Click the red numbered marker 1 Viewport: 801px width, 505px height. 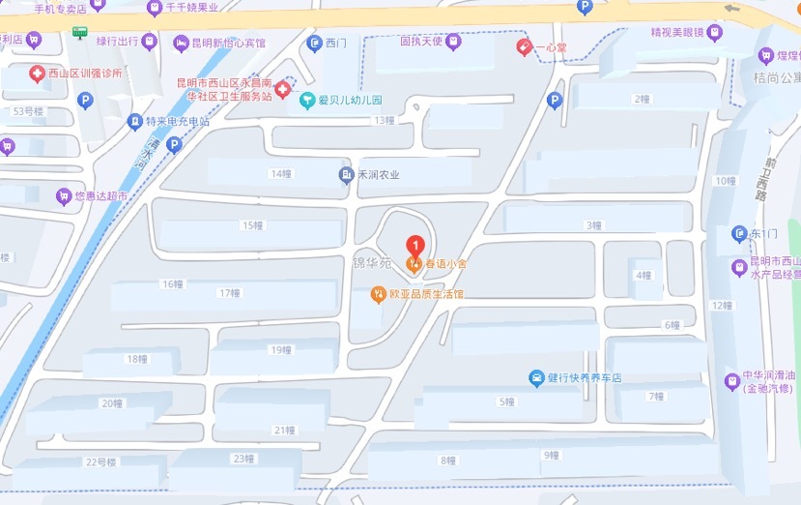415,244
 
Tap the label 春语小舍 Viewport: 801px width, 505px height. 445,263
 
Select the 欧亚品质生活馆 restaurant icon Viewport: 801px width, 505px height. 380,293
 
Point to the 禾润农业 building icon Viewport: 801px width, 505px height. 345,175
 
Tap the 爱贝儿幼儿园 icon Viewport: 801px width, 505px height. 307,99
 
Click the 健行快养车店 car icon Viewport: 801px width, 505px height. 536,377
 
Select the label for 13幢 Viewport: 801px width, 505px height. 385,120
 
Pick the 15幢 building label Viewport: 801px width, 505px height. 252,225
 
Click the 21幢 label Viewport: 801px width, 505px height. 284,430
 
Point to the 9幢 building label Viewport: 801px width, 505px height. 552,455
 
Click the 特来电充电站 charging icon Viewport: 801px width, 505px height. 134,122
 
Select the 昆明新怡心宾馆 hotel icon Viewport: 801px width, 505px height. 181,43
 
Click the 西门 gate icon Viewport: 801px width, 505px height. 314,43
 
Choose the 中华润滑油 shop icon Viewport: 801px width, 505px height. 732,380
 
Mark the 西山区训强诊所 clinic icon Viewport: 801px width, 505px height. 36,74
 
